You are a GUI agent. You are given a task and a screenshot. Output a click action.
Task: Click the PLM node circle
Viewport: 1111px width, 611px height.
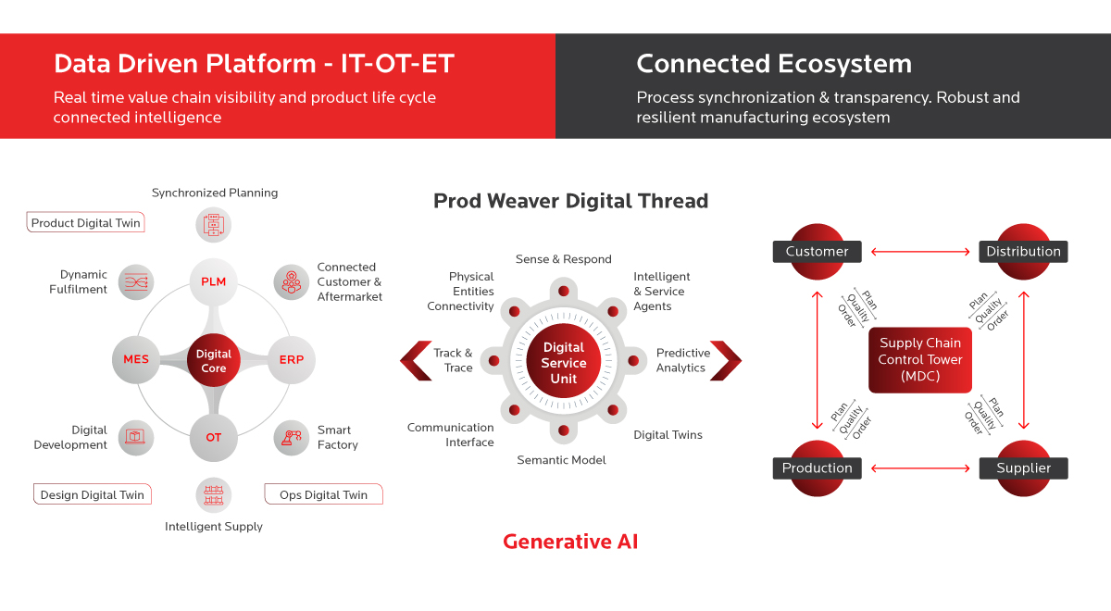[x=213, y=281]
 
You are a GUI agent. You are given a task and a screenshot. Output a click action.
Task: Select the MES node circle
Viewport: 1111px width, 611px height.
[x=136, y=359]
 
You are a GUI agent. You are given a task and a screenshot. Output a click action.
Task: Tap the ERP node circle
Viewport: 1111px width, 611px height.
[x=291, y=359]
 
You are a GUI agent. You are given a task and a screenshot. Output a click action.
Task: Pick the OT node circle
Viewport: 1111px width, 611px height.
[x=213, y=437]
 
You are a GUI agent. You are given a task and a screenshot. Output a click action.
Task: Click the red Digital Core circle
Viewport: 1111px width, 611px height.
[x=213, y=360]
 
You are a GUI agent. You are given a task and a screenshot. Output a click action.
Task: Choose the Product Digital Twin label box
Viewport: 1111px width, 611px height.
[x=85, y=223]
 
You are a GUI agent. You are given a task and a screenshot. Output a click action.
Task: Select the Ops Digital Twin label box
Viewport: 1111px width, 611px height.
[x=323, y=494]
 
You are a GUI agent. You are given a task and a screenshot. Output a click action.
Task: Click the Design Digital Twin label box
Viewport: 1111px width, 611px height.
[x=93, y=494]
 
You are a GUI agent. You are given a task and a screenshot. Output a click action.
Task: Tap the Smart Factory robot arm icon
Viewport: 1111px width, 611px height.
[x=291, y=437]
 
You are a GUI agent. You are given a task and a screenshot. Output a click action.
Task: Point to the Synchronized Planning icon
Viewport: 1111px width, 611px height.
[x=213, y=225]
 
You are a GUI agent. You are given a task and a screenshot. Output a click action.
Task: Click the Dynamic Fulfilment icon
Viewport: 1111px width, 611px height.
[x=136, y=282]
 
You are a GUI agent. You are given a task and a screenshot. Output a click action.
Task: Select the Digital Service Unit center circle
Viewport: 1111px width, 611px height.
[x=564, y=360]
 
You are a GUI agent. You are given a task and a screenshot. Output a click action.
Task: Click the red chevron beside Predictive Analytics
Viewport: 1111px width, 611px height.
[x=726, y=360]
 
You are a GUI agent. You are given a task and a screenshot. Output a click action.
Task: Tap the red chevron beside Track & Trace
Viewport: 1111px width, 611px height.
[x=416, y=360]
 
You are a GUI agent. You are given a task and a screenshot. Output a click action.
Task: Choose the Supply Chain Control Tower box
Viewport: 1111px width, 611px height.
[x=920, y=360]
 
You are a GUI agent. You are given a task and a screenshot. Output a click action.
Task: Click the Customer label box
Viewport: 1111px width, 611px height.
[x=817, y=252]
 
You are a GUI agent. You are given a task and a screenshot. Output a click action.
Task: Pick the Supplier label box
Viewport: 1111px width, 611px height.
[x=1023, y=468]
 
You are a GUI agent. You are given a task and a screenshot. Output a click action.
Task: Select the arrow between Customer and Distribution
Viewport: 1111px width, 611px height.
[x=920, y=252]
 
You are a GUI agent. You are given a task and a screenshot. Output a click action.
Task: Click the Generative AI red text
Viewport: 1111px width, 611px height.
[x=570, y=542]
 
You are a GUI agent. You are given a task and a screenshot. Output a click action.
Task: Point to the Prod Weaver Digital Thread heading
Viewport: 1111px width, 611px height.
[x=570, y=201]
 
